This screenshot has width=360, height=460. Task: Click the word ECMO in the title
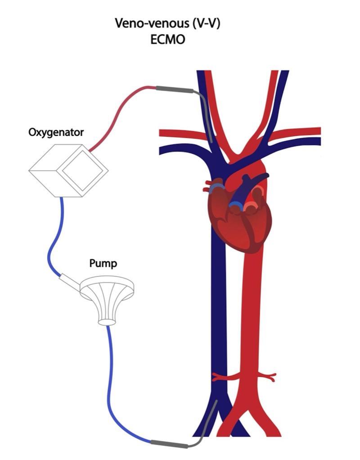coord(168,39)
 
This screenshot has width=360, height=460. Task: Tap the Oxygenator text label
coord(55,133)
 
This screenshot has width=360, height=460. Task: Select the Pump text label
coord(103,263)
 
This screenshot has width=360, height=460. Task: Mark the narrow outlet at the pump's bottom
coord(107,321)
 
